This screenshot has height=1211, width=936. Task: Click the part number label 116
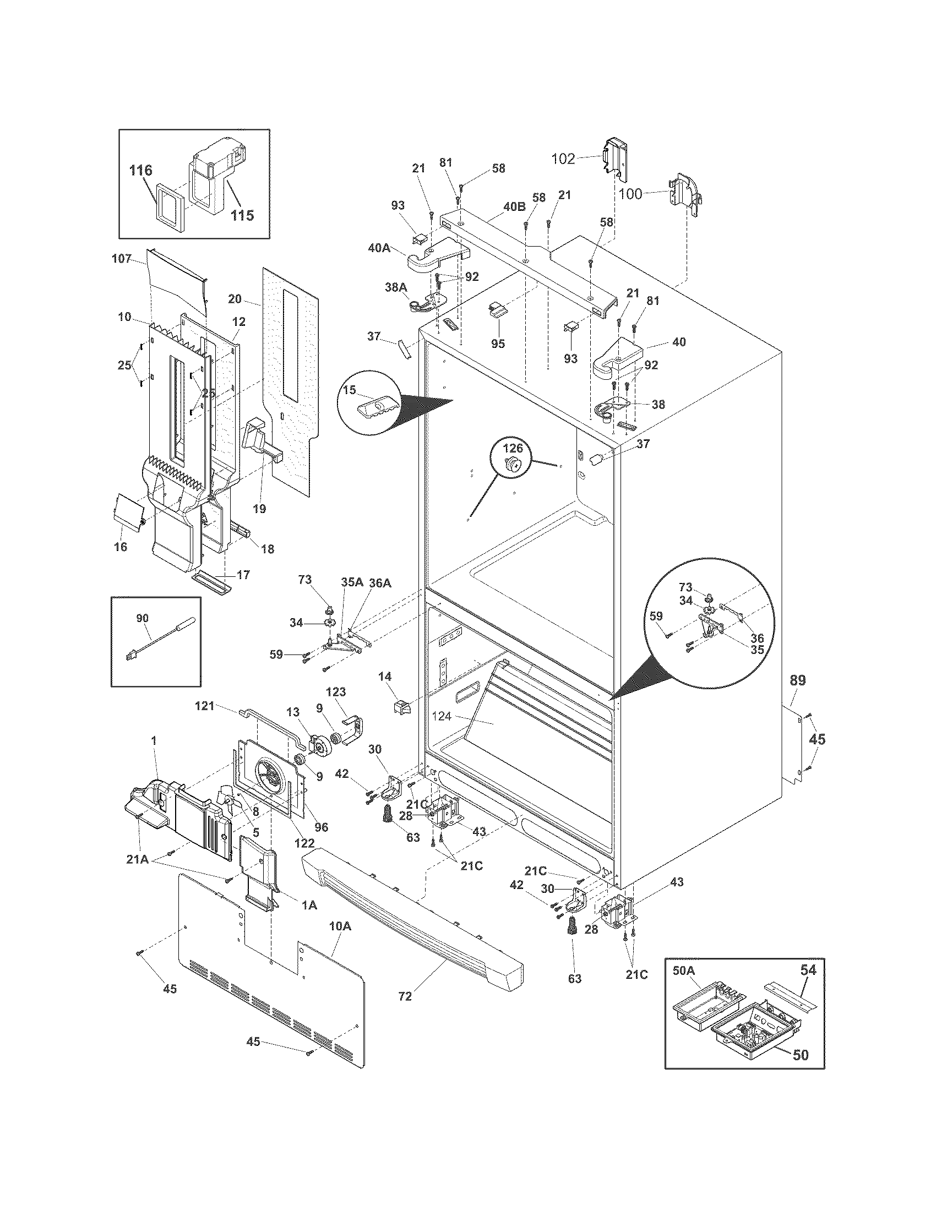[x=141, y=170]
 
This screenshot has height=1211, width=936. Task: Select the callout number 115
[x=242, y=215]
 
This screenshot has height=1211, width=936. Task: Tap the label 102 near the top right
[x=563, y=159]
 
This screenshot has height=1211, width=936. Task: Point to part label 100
[x=630, y=194]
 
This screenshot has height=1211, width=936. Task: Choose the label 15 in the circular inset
[x=349, y=390]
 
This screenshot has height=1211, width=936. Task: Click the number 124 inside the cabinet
[x=442, y=716]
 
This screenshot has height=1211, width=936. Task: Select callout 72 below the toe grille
[x=405, y=996]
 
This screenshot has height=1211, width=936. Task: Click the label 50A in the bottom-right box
[x=683, y=970]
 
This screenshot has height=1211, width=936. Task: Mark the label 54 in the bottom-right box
[x=808, y=970]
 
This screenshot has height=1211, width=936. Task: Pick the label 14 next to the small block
[x=385, y=677]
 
